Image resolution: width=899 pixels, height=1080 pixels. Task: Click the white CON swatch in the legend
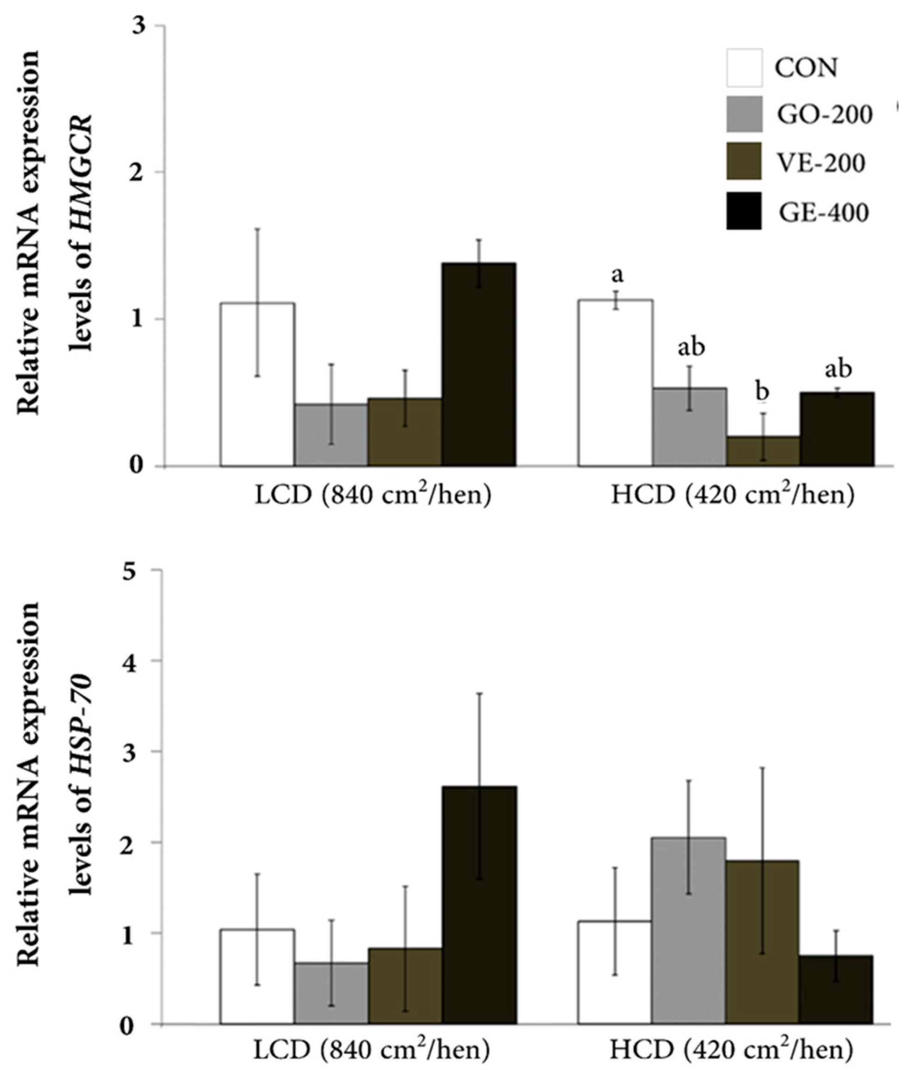[x=744, y=68]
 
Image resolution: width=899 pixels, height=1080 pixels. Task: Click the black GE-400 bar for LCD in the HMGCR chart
[x=480, y=364]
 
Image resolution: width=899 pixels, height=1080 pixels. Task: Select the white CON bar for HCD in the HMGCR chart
[x=615, y=383]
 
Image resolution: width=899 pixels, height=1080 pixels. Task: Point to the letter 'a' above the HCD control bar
[x=617, y=275]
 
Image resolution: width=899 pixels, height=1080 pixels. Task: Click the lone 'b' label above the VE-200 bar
[x=762, y=392]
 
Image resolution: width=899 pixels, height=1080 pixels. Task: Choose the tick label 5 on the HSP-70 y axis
[x=138, y=570]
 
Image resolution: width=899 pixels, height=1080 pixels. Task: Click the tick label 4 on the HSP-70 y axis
[x=138, y=660]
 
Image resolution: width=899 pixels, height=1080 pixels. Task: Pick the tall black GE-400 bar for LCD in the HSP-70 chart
[x=480, y=910]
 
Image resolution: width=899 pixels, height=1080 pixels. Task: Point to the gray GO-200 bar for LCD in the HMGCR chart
[x=331, y=435]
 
